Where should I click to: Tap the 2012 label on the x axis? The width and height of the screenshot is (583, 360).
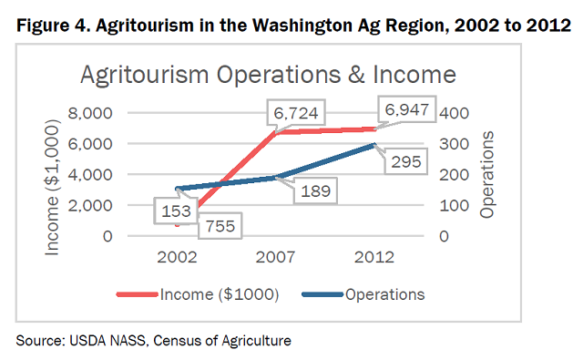coord(375,258)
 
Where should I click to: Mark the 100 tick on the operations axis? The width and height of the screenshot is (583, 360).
coord(453,205)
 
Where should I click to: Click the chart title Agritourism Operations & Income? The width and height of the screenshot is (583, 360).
coord(269,73)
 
